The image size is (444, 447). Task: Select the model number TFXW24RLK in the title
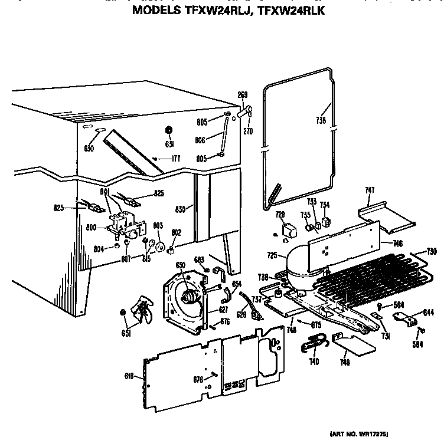[x=291, y=11]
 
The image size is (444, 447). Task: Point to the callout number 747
[x=370, y=190]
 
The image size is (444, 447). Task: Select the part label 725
[x=272, y=255]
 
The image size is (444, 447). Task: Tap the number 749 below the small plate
[x=344, y=362]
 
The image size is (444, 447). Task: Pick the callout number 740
[x=314, y=361]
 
